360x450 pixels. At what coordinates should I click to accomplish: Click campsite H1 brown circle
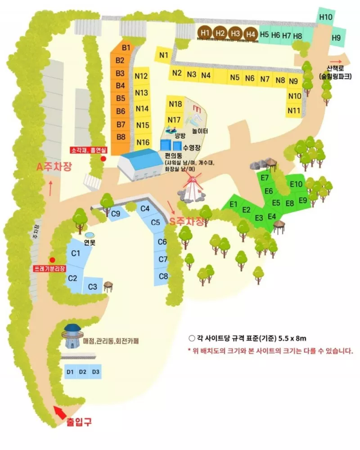(205, 32)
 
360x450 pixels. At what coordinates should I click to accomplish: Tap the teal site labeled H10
(325, 17)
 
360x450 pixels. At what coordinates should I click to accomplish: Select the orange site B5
(120, 98)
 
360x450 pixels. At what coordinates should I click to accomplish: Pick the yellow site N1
(164, 55)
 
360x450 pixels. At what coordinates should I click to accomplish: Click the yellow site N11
(294, 110)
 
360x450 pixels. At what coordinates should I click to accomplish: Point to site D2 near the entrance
(82, 372)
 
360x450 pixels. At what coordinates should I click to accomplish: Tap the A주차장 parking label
(54, 167)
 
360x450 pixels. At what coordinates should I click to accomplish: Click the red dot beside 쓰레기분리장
(52, 260)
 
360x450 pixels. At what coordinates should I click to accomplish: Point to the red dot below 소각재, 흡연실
(103, 158)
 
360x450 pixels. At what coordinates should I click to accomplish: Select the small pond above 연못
(90, 235)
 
